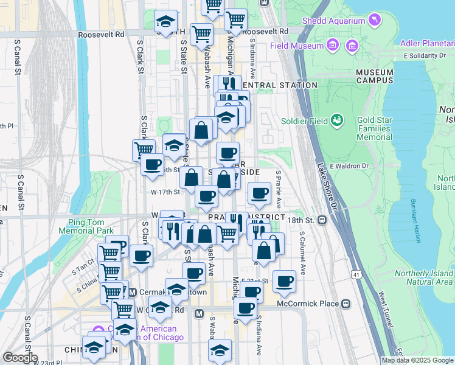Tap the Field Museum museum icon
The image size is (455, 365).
coord(332,46)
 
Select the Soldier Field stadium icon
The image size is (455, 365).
coord(336,120)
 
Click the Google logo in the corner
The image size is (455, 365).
coord(20,357)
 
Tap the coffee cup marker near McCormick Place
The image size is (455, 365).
coord(284,282)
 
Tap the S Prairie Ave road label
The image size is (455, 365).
coord(279,189)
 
